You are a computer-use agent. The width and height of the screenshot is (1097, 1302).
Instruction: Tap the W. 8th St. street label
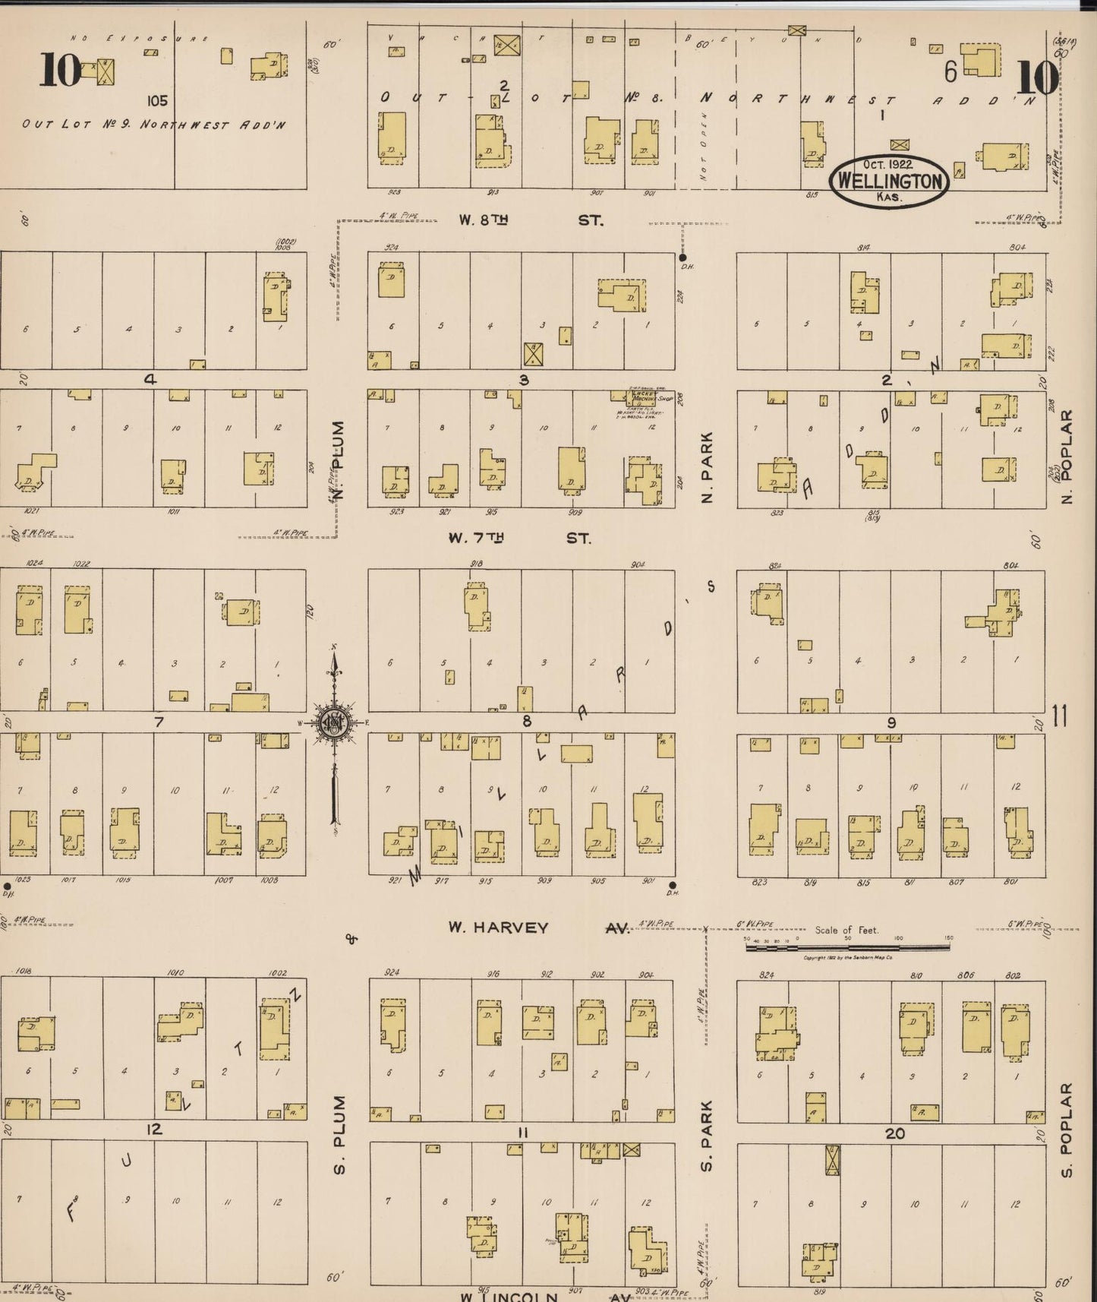point(530,220)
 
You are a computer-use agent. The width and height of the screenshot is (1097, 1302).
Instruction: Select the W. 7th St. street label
point(519,538)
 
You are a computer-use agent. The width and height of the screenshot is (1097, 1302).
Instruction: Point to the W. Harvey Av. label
point(538,928)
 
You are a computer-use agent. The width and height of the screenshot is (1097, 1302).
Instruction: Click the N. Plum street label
point(340,460)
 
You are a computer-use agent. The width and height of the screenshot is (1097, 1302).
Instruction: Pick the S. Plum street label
point(339,1135)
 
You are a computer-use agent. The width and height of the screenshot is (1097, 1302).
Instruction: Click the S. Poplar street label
point(1067,1130)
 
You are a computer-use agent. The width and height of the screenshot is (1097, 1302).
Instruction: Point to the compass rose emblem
point(333,722)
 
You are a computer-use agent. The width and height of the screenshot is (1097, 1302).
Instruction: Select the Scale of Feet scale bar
point(846,946)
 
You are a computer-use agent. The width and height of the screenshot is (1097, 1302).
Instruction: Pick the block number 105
point(158,100)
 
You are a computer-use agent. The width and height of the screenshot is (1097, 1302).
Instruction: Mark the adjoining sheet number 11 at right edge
point(1060,716)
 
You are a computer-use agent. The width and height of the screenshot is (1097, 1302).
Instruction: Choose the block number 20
point(895,1133)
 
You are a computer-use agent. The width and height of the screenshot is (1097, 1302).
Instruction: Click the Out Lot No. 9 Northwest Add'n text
point(154,125)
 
